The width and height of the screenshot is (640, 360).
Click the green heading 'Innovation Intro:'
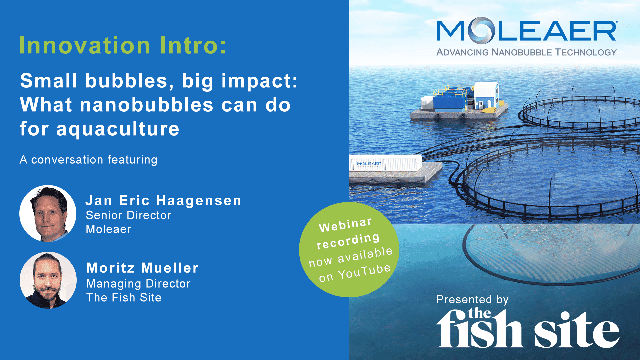(123, 45)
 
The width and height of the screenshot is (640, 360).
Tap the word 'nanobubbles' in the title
(147, 105)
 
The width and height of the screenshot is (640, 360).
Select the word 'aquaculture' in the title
(118, 129)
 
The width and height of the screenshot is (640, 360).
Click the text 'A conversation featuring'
(88, 160)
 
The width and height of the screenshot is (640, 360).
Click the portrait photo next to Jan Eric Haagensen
(48, 213)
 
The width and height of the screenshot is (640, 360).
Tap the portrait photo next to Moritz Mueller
(48, 280)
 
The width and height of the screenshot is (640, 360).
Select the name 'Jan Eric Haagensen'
(163, 201)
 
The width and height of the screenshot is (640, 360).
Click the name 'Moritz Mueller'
(142, 268)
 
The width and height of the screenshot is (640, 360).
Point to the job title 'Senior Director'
(128, 215)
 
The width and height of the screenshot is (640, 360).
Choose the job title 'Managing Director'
(138, 284)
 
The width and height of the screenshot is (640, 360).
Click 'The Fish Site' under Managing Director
(124, 298)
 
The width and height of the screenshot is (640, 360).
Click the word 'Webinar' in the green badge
(345, 225)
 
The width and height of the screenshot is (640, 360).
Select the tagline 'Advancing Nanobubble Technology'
(526, 52)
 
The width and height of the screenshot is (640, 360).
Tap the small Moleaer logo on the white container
(369, 164)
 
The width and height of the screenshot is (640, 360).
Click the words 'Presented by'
(472, 300)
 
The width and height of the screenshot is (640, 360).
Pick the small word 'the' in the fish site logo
(479, 313)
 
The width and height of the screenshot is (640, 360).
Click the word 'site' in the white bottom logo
(577, 330)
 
